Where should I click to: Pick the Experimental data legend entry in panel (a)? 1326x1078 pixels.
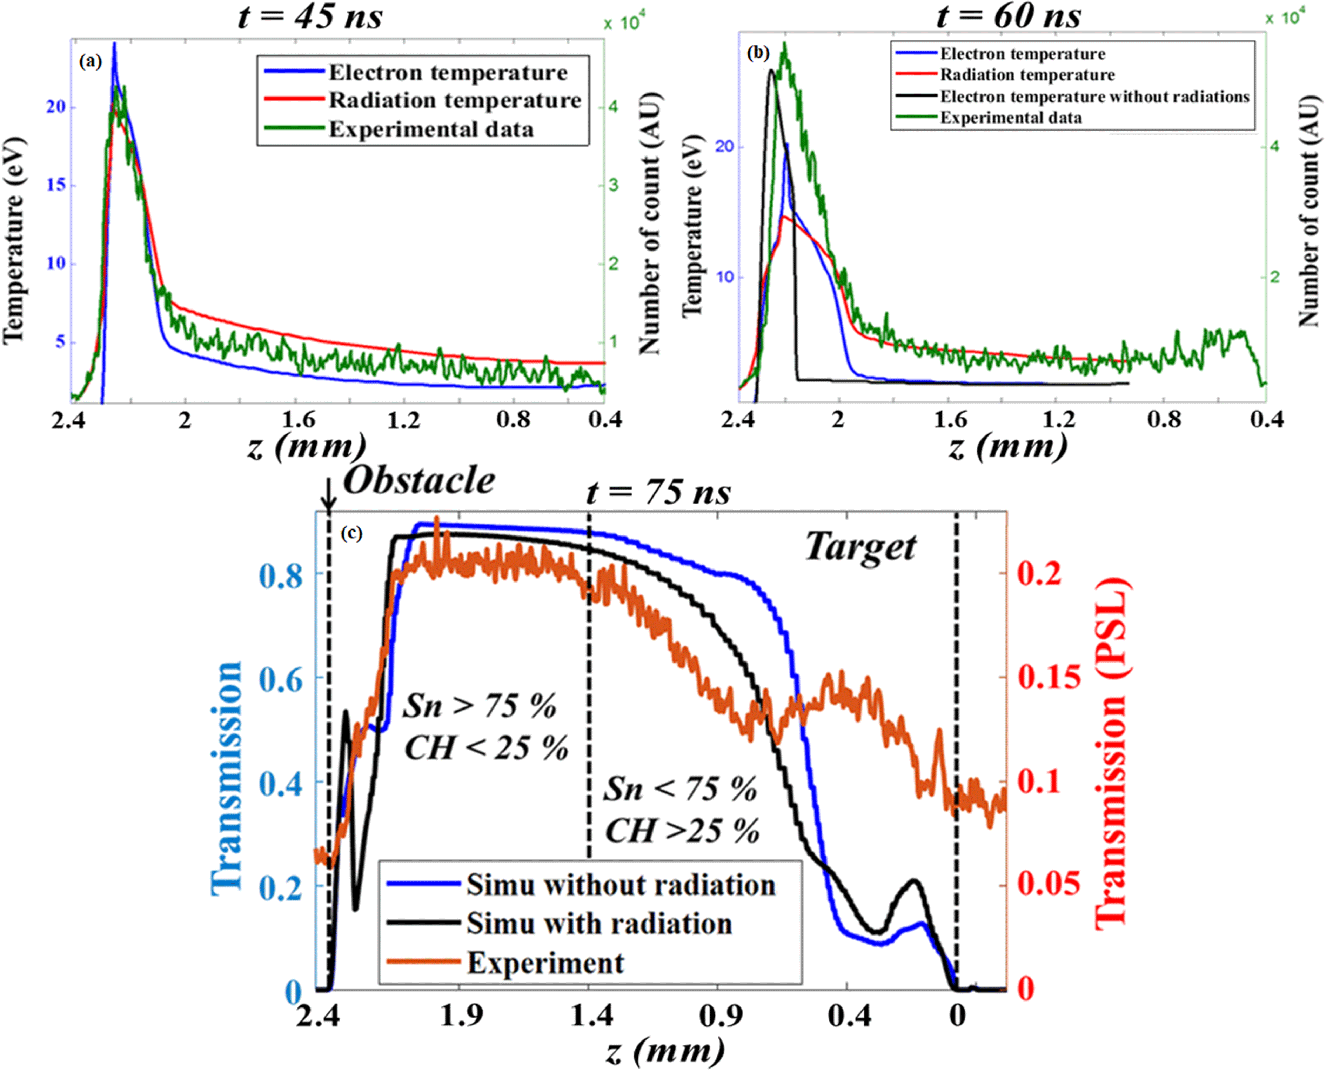431,129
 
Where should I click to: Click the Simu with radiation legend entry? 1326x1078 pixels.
599,923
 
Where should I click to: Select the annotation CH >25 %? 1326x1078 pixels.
682,830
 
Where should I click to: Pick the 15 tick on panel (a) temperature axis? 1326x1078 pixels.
56,185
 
